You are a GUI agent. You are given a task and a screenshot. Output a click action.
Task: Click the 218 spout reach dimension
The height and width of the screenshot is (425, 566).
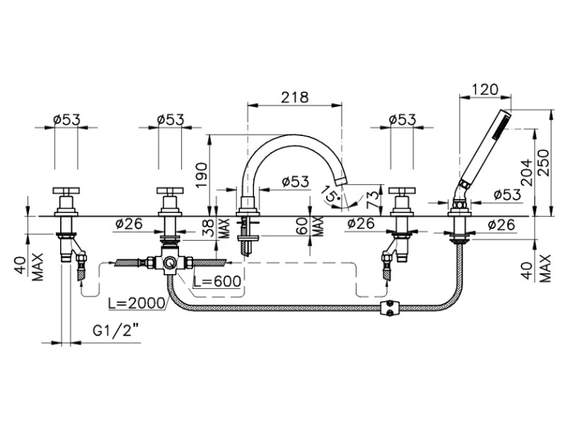tap(295, 97)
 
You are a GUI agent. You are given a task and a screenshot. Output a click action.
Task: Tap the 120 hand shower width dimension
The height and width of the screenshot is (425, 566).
tap(485, 89)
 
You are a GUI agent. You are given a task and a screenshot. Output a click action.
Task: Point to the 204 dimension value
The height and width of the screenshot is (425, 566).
tap(527, 172)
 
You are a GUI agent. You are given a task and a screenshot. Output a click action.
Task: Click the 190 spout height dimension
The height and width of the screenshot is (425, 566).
tap(201, 175)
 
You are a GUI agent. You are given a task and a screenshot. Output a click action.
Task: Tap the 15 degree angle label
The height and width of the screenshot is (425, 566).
tap(331, 192)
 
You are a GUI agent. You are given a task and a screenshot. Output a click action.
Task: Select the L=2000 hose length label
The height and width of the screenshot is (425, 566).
tap(137, 303)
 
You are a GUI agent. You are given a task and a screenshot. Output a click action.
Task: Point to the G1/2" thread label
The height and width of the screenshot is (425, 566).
tap(116, 330)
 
